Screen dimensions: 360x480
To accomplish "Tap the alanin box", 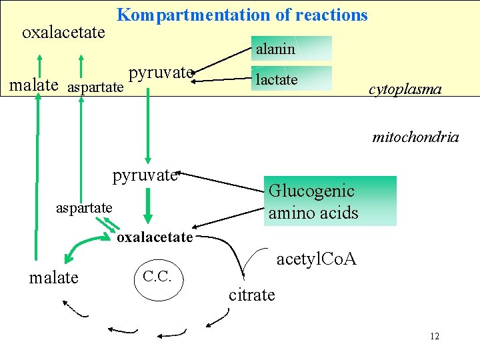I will (291, 49).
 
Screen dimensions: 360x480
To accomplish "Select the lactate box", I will (291, 79).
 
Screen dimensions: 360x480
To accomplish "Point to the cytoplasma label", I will (405, 89).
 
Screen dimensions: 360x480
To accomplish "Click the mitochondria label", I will (415, 137).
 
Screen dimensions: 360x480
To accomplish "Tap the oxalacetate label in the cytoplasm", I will (63, 32).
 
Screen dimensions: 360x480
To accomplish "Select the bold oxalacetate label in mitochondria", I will (155, 237).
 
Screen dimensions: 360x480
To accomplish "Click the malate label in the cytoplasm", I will (32, 85).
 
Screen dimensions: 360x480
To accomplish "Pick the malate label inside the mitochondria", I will (53, 277).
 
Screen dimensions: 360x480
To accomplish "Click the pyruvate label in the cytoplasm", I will (161, 72).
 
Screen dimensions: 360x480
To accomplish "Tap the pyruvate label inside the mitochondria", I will (145, 175).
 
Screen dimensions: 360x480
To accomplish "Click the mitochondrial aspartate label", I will (84, 208).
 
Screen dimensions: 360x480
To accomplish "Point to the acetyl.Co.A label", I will (316, 259).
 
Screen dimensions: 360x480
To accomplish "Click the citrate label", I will (251, 294).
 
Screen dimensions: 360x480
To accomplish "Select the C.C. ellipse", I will (157, 275).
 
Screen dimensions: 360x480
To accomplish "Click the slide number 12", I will (435, 336).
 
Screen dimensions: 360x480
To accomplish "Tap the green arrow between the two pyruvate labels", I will (147, 123).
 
